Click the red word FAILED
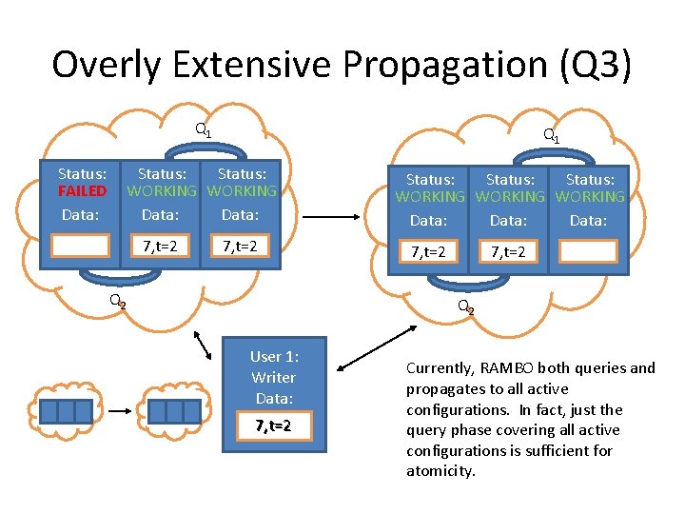coord(82,191)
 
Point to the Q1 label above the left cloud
coord(204,129)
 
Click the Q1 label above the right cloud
coord(551,136)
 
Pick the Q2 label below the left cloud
coord(117,301)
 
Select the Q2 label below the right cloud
coord(466,306)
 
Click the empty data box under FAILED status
coord(81,247)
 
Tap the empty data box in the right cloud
coord(588,251)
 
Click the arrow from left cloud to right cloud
coord(332,216)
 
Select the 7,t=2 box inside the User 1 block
coord(274,425)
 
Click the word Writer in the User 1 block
coord(274,377)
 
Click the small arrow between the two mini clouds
coord(118,411)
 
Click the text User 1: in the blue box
coord(274,356)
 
